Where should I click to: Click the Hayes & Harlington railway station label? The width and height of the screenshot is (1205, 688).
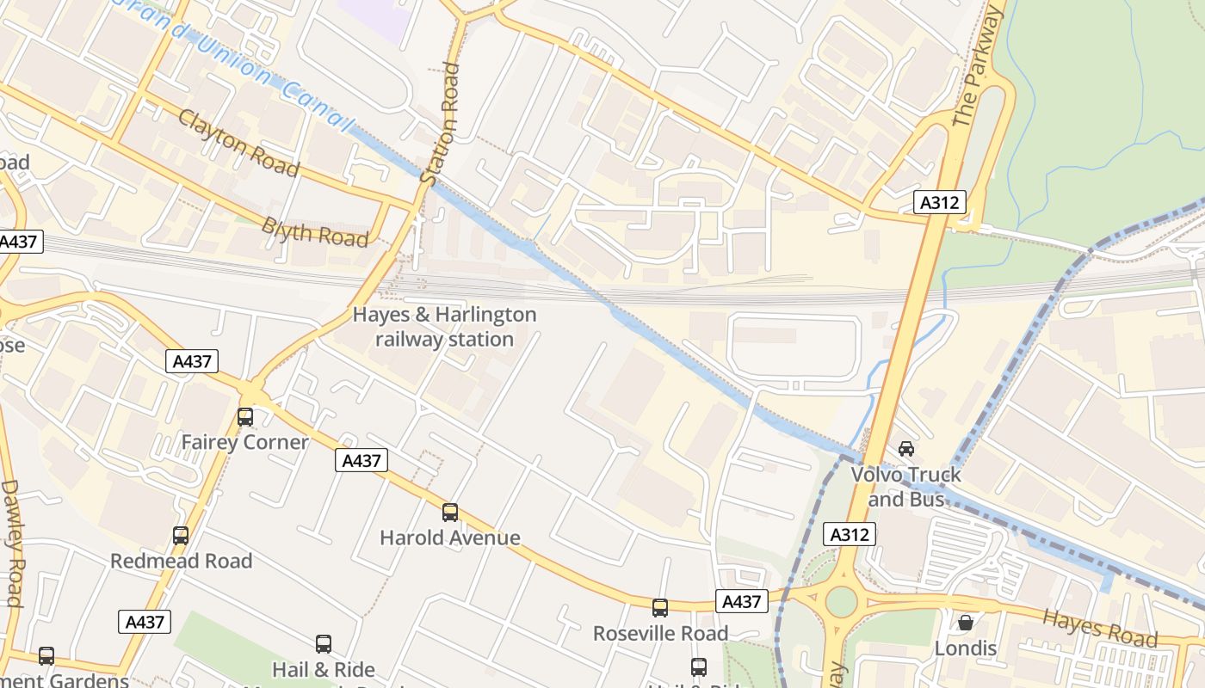pyautogui.click(x=444, y=327)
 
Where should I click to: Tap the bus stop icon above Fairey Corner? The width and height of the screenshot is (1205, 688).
pyautogui.click(x=245, y=418)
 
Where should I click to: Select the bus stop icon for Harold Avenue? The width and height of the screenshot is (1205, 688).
pyautogui.click(x=449, y=513)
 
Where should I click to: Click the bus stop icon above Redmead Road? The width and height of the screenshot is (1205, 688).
pyautogui.click(x=180, y=536)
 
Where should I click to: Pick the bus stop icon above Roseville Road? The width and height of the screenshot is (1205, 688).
pyautogui.click(x=659, y=608)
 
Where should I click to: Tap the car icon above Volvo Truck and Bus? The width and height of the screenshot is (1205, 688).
pyautogui.click(x=905, y=448)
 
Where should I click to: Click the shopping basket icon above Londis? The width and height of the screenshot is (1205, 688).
pyautogui.click(x=966, y=622)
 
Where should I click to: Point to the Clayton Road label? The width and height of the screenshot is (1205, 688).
pyautogui.click(x=238, y=143)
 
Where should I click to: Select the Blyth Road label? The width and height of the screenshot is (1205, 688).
pyautogui.click(x=314, y=232)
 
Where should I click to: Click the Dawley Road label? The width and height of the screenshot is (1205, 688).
pyautogui.click(x=12, y=542)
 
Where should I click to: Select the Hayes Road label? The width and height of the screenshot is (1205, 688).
pyautogui.click(x=1099, y=628)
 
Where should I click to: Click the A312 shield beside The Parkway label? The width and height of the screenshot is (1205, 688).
pyautogui.click(x=940, y=203)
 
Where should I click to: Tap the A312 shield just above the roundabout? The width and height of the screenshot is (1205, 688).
pyautogui.click(x=850, y=534)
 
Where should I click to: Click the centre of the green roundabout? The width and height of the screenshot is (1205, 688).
pyautogui.click(x=841, y=602)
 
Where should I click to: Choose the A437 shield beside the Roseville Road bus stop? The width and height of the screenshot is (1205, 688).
pyautogui.click(x=741, y=601)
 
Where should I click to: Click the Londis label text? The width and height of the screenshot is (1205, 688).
pyautogui.click(x=965, y=648)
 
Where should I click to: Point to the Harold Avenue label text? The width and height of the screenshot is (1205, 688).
pyautogui.click(x=449, y=538)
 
